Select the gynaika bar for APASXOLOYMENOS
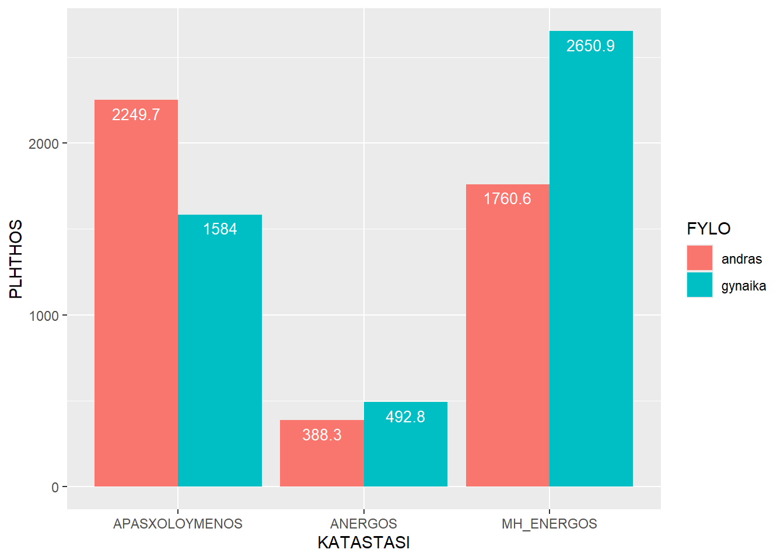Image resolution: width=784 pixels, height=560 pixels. pyautogui.click(x=220, y=350)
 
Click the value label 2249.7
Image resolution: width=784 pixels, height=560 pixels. pyautogui.click(x=136, y=115)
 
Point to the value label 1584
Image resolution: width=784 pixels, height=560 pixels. pyautogui.click(x=220, y=229)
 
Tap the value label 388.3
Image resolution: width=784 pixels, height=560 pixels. pyautogui.click(x=321, y=435)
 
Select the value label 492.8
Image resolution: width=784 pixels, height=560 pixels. pyautogui.click(x=405, y=417)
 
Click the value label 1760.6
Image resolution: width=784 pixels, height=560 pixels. pyautogui.click(x=508, y=199)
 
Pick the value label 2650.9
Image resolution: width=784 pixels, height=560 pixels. pyautogui.click(x=590, y=46)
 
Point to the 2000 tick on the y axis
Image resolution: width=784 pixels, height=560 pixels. pyautogui.click(x=44, y=144)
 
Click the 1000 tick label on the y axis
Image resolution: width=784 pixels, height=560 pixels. pyautogui.click(x=44, y=316)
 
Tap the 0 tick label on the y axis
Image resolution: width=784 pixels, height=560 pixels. pyautogui.click(x=55, y=488)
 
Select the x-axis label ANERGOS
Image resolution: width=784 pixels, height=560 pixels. pyautogui.click(x=363, y=524)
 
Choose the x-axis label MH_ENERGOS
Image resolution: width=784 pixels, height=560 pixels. pyautogui.click(x=549, y=524)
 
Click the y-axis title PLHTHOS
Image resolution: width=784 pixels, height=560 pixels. pyautogui.click(x=16, y=259)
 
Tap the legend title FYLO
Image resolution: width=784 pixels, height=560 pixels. pyautogui.click(x=708, y=229)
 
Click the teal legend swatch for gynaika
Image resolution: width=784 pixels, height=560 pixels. pyautogui.click(x=699, y=285)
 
